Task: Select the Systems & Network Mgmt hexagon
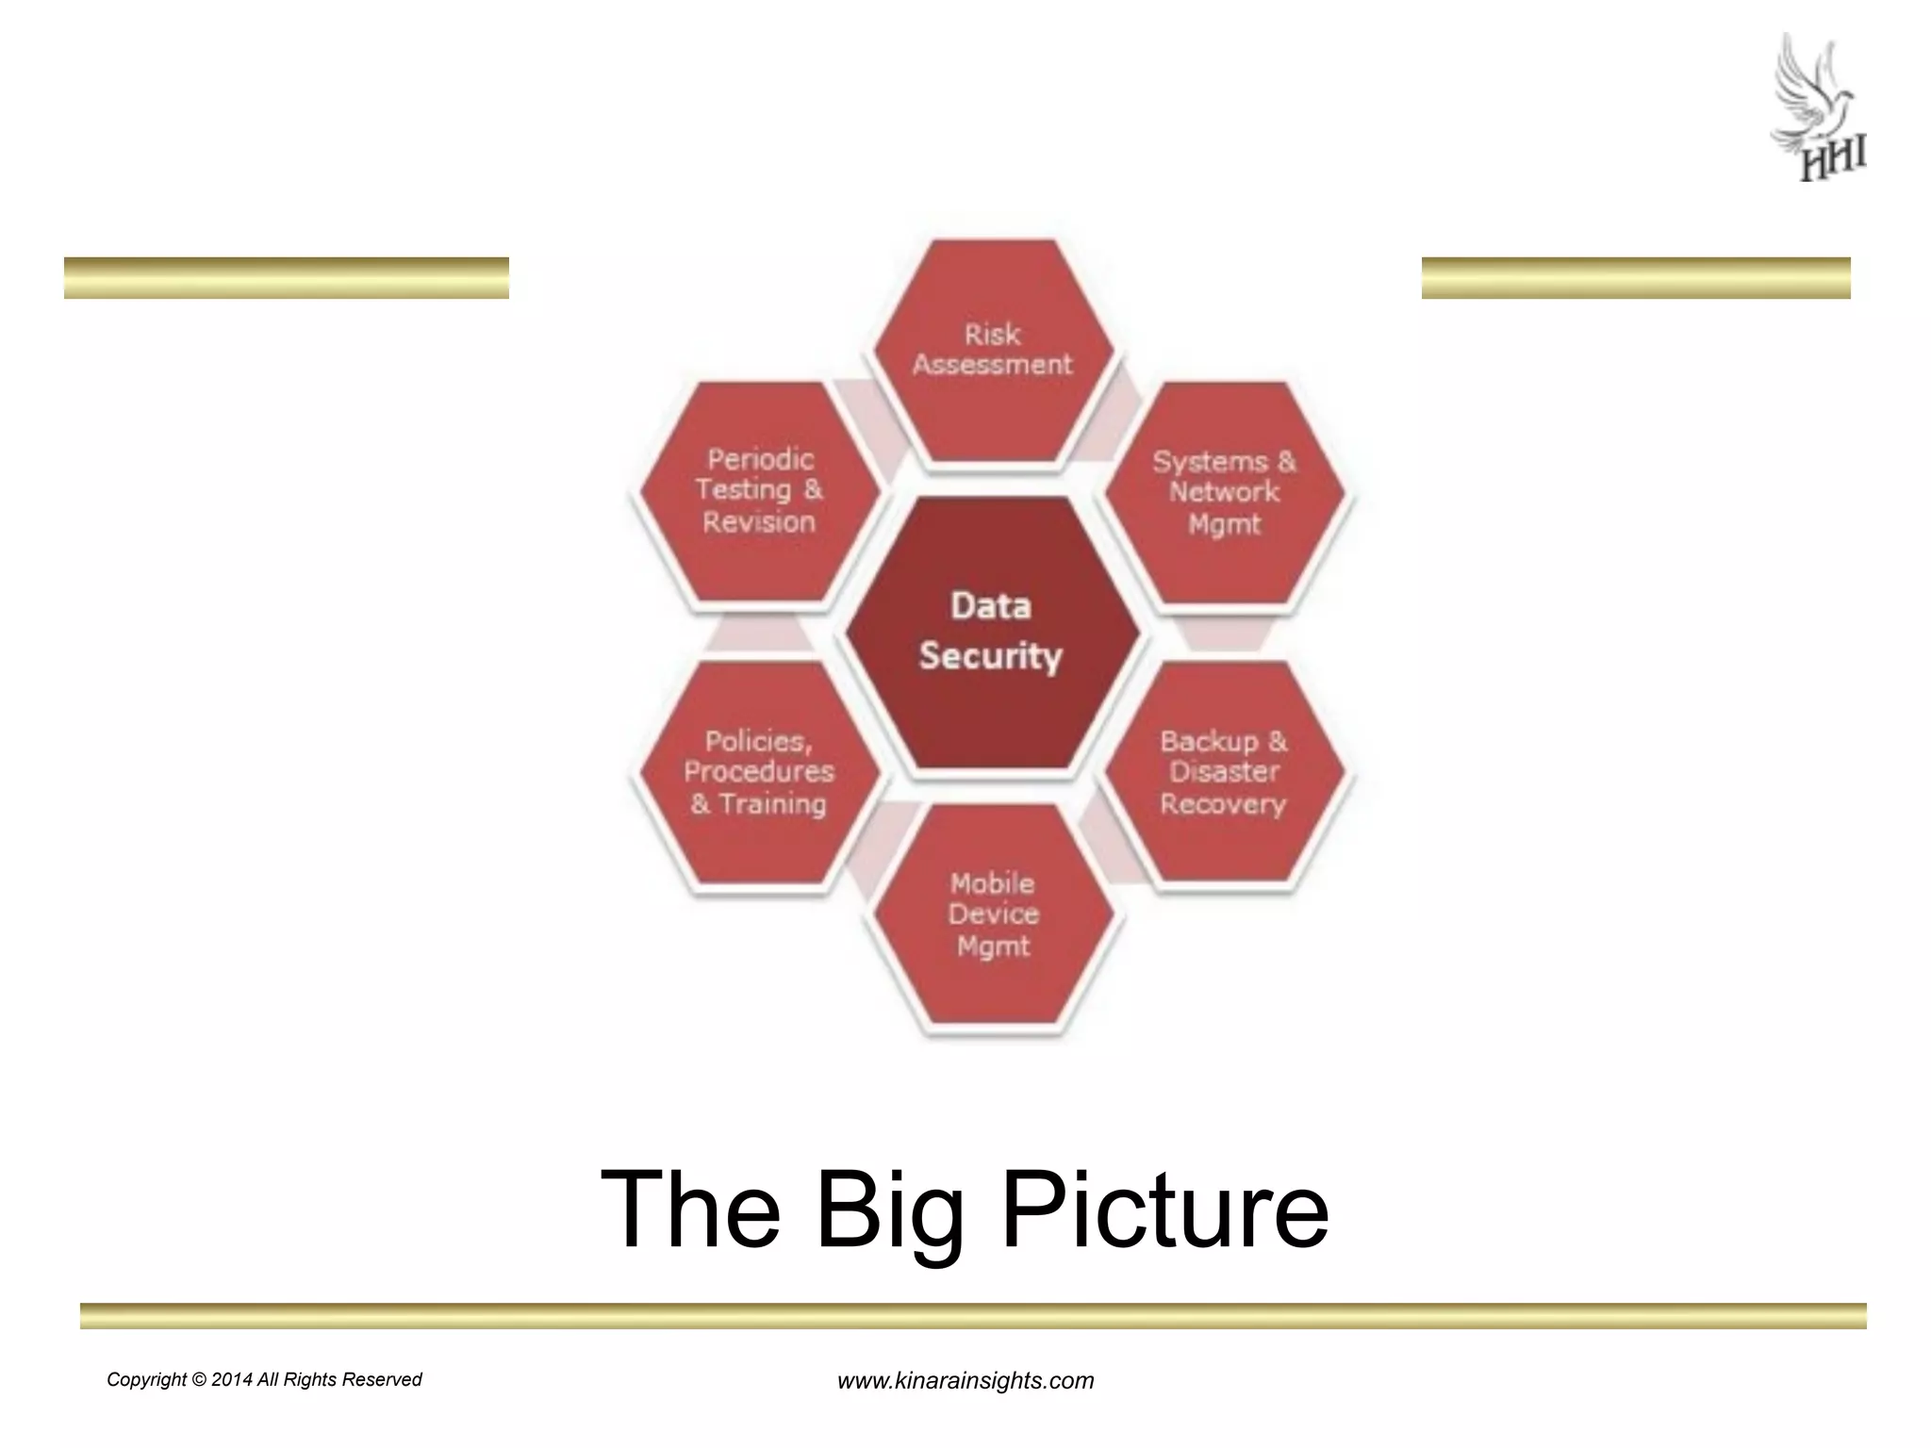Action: click(1225, 492)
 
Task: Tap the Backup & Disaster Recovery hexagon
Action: click(1225, 773)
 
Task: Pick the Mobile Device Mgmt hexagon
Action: click(993, 915)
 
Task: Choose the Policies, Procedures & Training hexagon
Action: click(759, 773)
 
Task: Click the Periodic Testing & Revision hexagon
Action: click(759, 490)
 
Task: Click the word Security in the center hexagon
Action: click(990, 656)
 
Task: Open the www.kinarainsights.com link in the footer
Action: click(965, 1381)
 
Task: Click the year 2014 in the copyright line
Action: click(232, 1380)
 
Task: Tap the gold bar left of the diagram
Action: click(287, 278)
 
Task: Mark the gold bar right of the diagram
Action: click(1636, 278)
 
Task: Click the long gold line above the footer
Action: click(973, 1316)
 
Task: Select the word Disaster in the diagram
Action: click(1225, 772)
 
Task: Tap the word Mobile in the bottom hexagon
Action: click(992, 883)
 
